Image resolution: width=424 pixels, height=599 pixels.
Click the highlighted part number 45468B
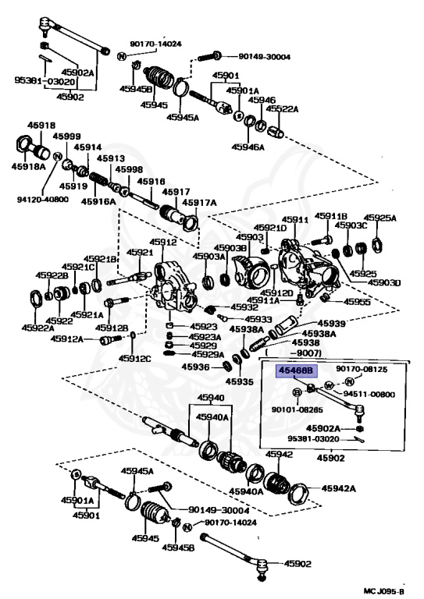click(296, 370)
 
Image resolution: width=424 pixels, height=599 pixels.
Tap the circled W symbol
click(329, 385)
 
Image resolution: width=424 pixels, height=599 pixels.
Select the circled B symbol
click(297, 392)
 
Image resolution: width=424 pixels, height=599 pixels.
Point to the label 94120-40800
click(43, 200)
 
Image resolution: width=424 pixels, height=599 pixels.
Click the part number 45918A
click(29, 166)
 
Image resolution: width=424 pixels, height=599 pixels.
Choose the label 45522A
click(282, 109)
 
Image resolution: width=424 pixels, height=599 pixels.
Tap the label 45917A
click(199, 203)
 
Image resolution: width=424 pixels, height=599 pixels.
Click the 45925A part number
click(379, 218)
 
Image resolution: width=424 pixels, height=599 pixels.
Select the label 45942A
click(339, 488)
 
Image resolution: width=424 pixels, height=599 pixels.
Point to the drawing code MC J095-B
click(383, 592)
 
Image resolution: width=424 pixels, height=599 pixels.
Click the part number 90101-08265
click(297, 410)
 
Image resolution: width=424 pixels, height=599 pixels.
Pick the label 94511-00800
click(369, 394)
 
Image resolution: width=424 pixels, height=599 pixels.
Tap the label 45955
click(357, 302)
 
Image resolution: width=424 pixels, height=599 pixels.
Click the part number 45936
click(195, 367)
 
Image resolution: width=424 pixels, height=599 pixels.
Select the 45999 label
click(67, 136)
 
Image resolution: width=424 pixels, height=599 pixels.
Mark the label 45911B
click(331, 216)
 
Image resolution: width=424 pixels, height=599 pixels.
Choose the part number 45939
click(332, 324)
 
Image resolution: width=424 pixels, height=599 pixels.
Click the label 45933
click(258, 319)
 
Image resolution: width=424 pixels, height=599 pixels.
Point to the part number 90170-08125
click(362, 369)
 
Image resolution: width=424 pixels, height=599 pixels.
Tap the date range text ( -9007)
click(294, 353)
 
